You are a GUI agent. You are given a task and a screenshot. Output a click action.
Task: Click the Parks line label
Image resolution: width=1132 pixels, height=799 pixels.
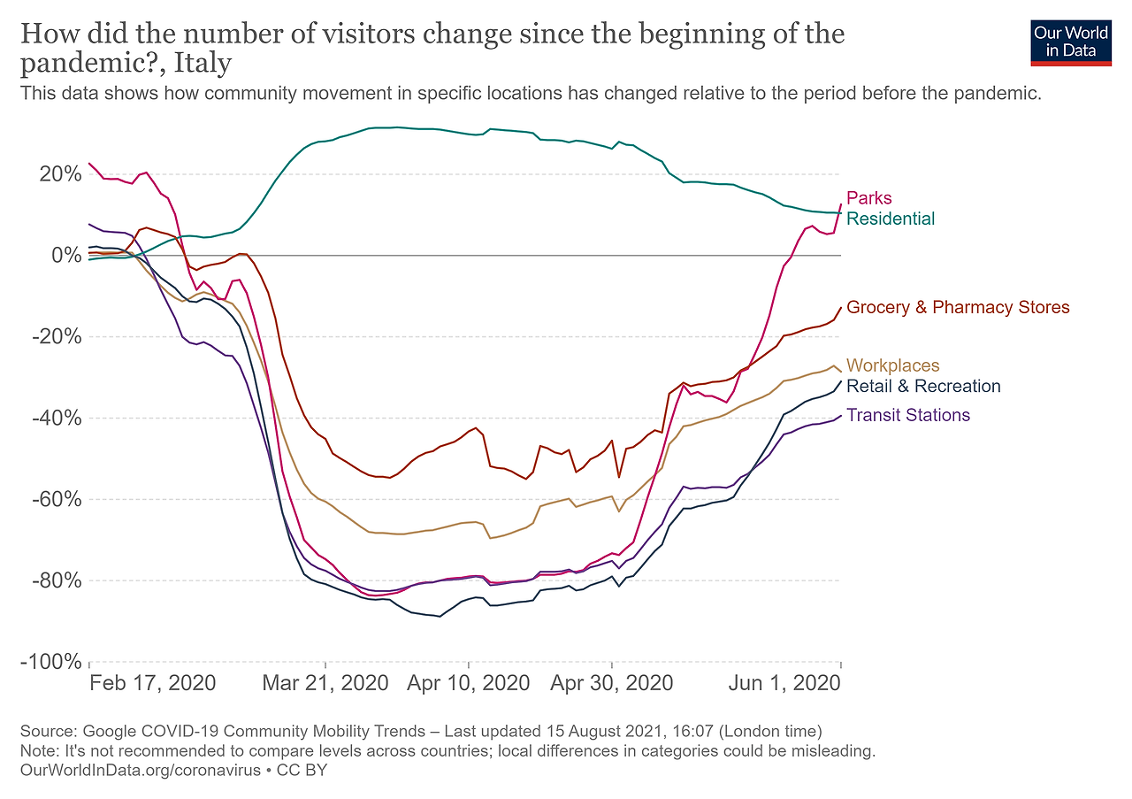(869, 198)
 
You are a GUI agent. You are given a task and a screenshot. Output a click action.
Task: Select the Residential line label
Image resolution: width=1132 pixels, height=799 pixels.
(891, 219)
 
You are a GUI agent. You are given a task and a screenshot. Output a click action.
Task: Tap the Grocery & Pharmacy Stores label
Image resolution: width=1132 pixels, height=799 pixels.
(958, 308)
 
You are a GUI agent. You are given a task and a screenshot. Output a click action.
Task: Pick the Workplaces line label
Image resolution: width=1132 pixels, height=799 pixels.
(892, 365)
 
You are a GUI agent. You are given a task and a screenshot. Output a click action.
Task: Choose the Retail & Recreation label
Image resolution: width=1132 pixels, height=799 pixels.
(923, 387)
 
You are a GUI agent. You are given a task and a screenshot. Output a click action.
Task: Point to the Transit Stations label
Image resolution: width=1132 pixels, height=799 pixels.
(908, 415)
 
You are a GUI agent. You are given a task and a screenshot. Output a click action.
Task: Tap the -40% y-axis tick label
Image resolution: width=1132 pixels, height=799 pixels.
(57, 418)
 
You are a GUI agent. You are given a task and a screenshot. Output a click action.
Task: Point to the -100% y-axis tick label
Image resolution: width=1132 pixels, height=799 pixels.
(52, 662)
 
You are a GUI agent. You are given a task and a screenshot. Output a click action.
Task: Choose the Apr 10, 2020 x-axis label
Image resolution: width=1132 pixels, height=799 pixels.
(469, 684)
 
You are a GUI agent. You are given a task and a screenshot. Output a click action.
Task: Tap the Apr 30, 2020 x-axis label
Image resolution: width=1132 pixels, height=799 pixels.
(611, 684)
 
